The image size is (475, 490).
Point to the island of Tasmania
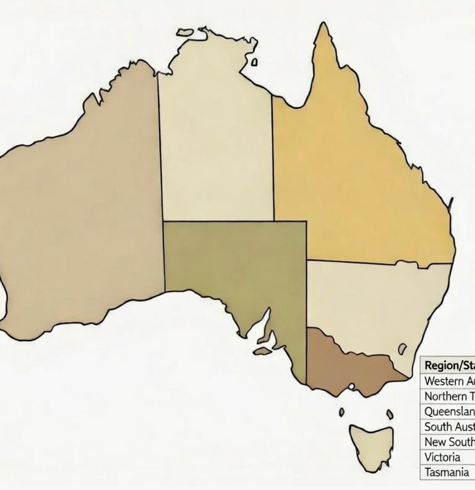click(x=370, y=442)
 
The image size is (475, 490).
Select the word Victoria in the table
click(x=442, y=457)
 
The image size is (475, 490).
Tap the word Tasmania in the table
click(x=445, y=473)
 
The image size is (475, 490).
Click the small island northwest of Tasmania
click(x=341, y=412)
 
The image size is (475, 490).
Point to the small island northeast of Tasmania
click(x=389, y=413)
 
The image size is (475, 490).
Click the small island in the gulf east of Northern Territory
click(x=254, y=62)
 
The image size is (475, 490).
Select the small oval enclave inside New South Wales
click(x=403, y=349)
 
